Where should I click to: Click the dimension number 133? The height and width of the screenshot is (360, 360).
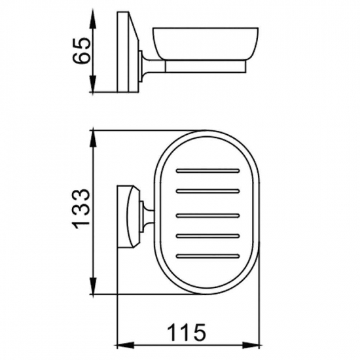tap(81, 209)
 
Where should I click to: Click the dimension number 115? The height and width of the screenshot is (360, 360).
tap(187, 332)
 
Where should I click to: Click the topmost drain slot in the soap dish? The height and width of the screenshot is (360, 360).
tap(209, 171)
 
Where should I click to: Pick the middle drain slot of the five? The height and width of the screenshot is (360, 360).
tap(209, 213)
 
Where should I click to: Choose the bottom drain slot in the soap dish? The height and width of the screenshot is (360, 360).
tap(209, 255)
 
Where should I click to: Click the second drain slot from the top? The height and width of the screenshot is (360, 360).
tap(209, 192)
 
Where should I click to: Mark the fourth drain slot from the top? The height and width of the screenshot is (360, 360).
tap(209, 234)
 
